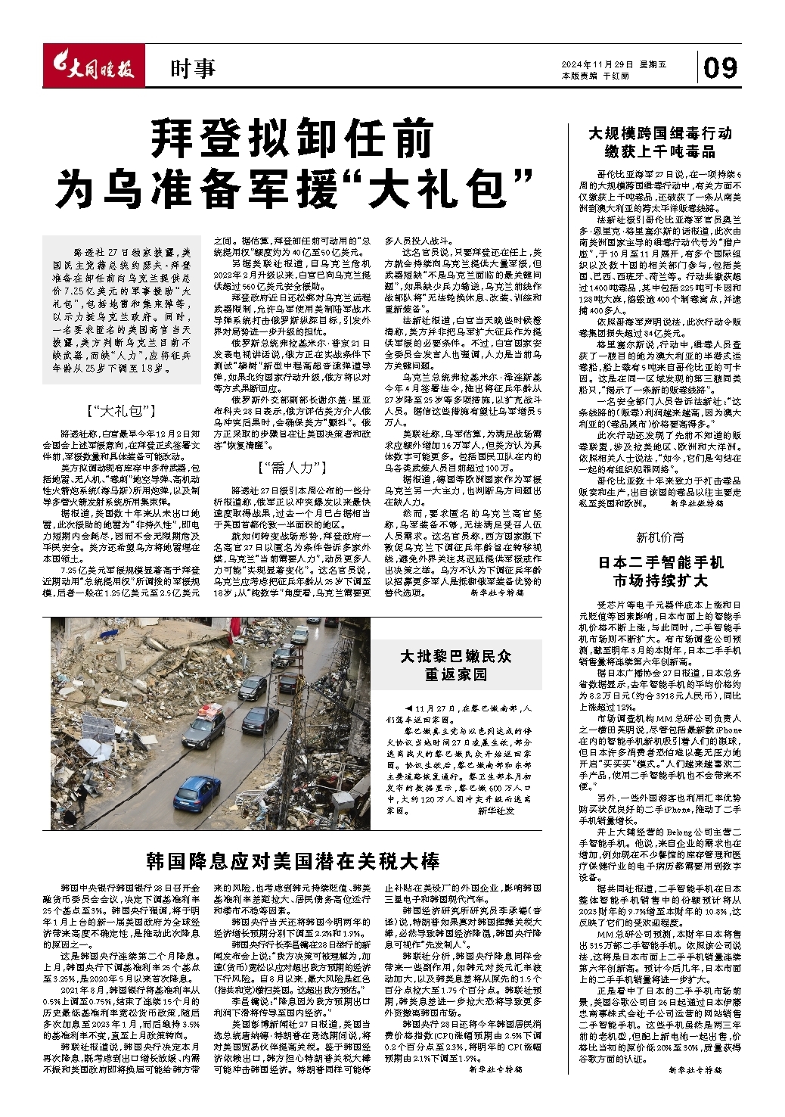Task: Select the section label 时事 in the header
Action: tap(192, 70)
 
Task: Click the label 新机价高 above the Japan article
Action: tap(659, 537)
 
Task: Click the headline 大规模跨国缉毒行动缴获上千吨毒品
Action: tap(660, 142)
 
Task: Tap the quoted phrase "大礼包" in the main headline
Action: tap(438, 186)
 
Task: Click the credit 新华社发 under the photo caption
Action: tap(495, 811)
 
